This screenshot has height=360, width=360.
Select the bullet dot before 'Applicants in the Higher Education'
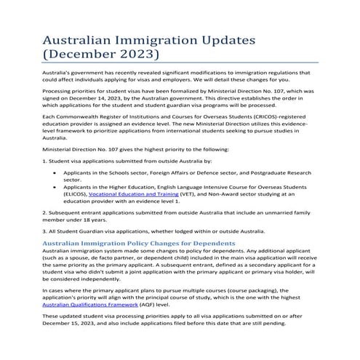(56, 186)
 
